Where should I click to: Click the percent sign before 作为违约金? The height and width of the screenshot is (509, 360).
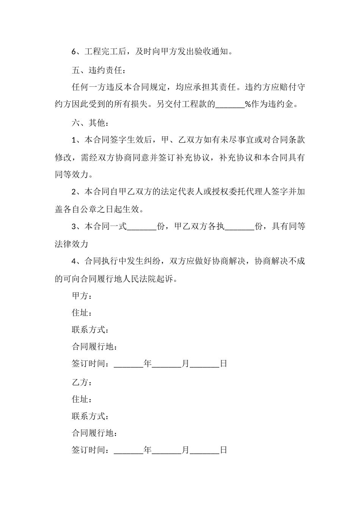[248, 105]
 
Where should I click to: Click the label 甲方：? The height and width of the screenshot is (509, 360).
[81, 295]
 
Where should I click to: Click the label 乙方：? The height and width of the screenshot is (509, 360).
[81, 382]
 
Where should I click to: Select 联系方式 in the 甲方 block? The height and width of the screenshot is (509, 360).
[90, 329]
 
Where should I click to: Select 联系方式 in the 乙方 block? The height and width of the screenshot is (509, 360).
[90, 416]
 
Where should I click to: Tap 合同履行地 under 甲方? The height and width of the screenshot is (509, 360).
[94, 347]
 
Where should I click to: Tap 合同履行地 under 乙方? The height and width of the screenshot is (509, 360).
[94, 433]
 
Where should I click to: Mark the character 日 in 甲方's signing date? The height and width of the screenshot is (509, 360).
[224, 364]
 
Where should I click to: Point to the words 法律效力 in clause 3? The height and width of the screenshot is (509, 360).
[72, 244]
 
